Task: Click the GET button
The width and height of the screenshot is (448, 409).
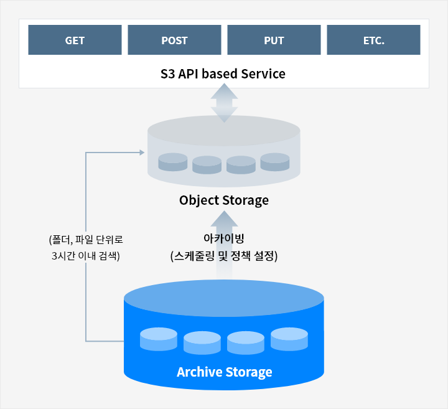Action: (x=75, y=40)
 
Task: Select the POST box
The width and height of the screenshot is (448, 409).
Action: (x=174, y=40)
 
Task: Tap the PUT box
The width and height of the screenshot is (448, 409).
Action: (x=274, y=40)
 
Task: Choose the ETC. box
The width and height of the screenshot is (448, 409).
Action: (x=373, y=40)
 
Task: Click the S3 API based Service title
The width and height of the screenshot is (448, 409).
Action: (x=223, y=74)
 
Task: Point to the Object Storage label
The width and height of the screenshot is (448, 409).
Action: (x=224, y=200)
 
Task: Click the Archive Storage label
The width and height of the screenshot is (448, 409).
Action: (x=224, y=372)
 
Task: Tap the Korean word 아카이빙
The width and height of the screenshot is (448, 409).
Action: (x=223, y=238)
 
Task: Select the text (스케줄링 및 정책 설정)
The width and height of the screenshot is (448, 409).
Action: (x=223, y=256)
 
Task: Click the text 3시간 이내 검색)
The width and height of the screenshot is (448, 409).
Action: (x=86, y=256)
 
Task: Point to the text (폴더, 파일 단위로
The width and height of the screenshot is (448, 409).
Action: (x=86, y=239)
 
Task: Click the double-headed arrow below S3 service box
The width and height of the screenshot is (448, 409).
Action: (x=224, y=102)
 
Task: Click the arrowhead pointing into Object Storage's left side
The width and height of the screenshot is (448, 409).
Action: (x=140, y=153)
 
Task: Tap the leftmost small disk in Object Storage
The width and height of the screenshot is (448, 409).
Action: (x=173, y=162)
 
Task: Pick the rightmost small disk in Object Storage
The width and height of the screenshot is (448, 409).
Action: (x=275, y=162)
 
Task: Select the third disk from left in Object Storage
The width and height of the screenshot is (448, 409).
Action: (x=241, y=164)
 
